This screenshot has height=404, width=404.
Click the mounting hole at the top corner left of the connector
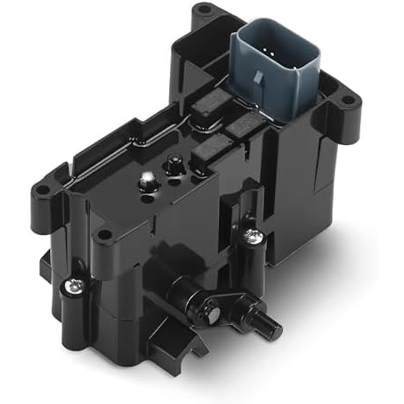[x=203, y=10]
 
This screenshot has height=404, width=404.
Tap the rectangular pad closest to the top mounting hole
[x=208, y=102]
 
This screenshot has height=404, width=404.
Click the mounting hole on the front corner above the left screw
[x=104, y=236]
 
